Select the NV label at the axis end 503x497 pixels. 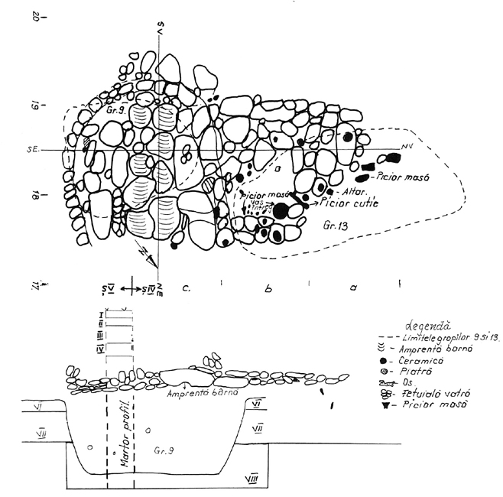405,145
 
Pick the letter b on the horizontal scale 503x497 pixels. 267,291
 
